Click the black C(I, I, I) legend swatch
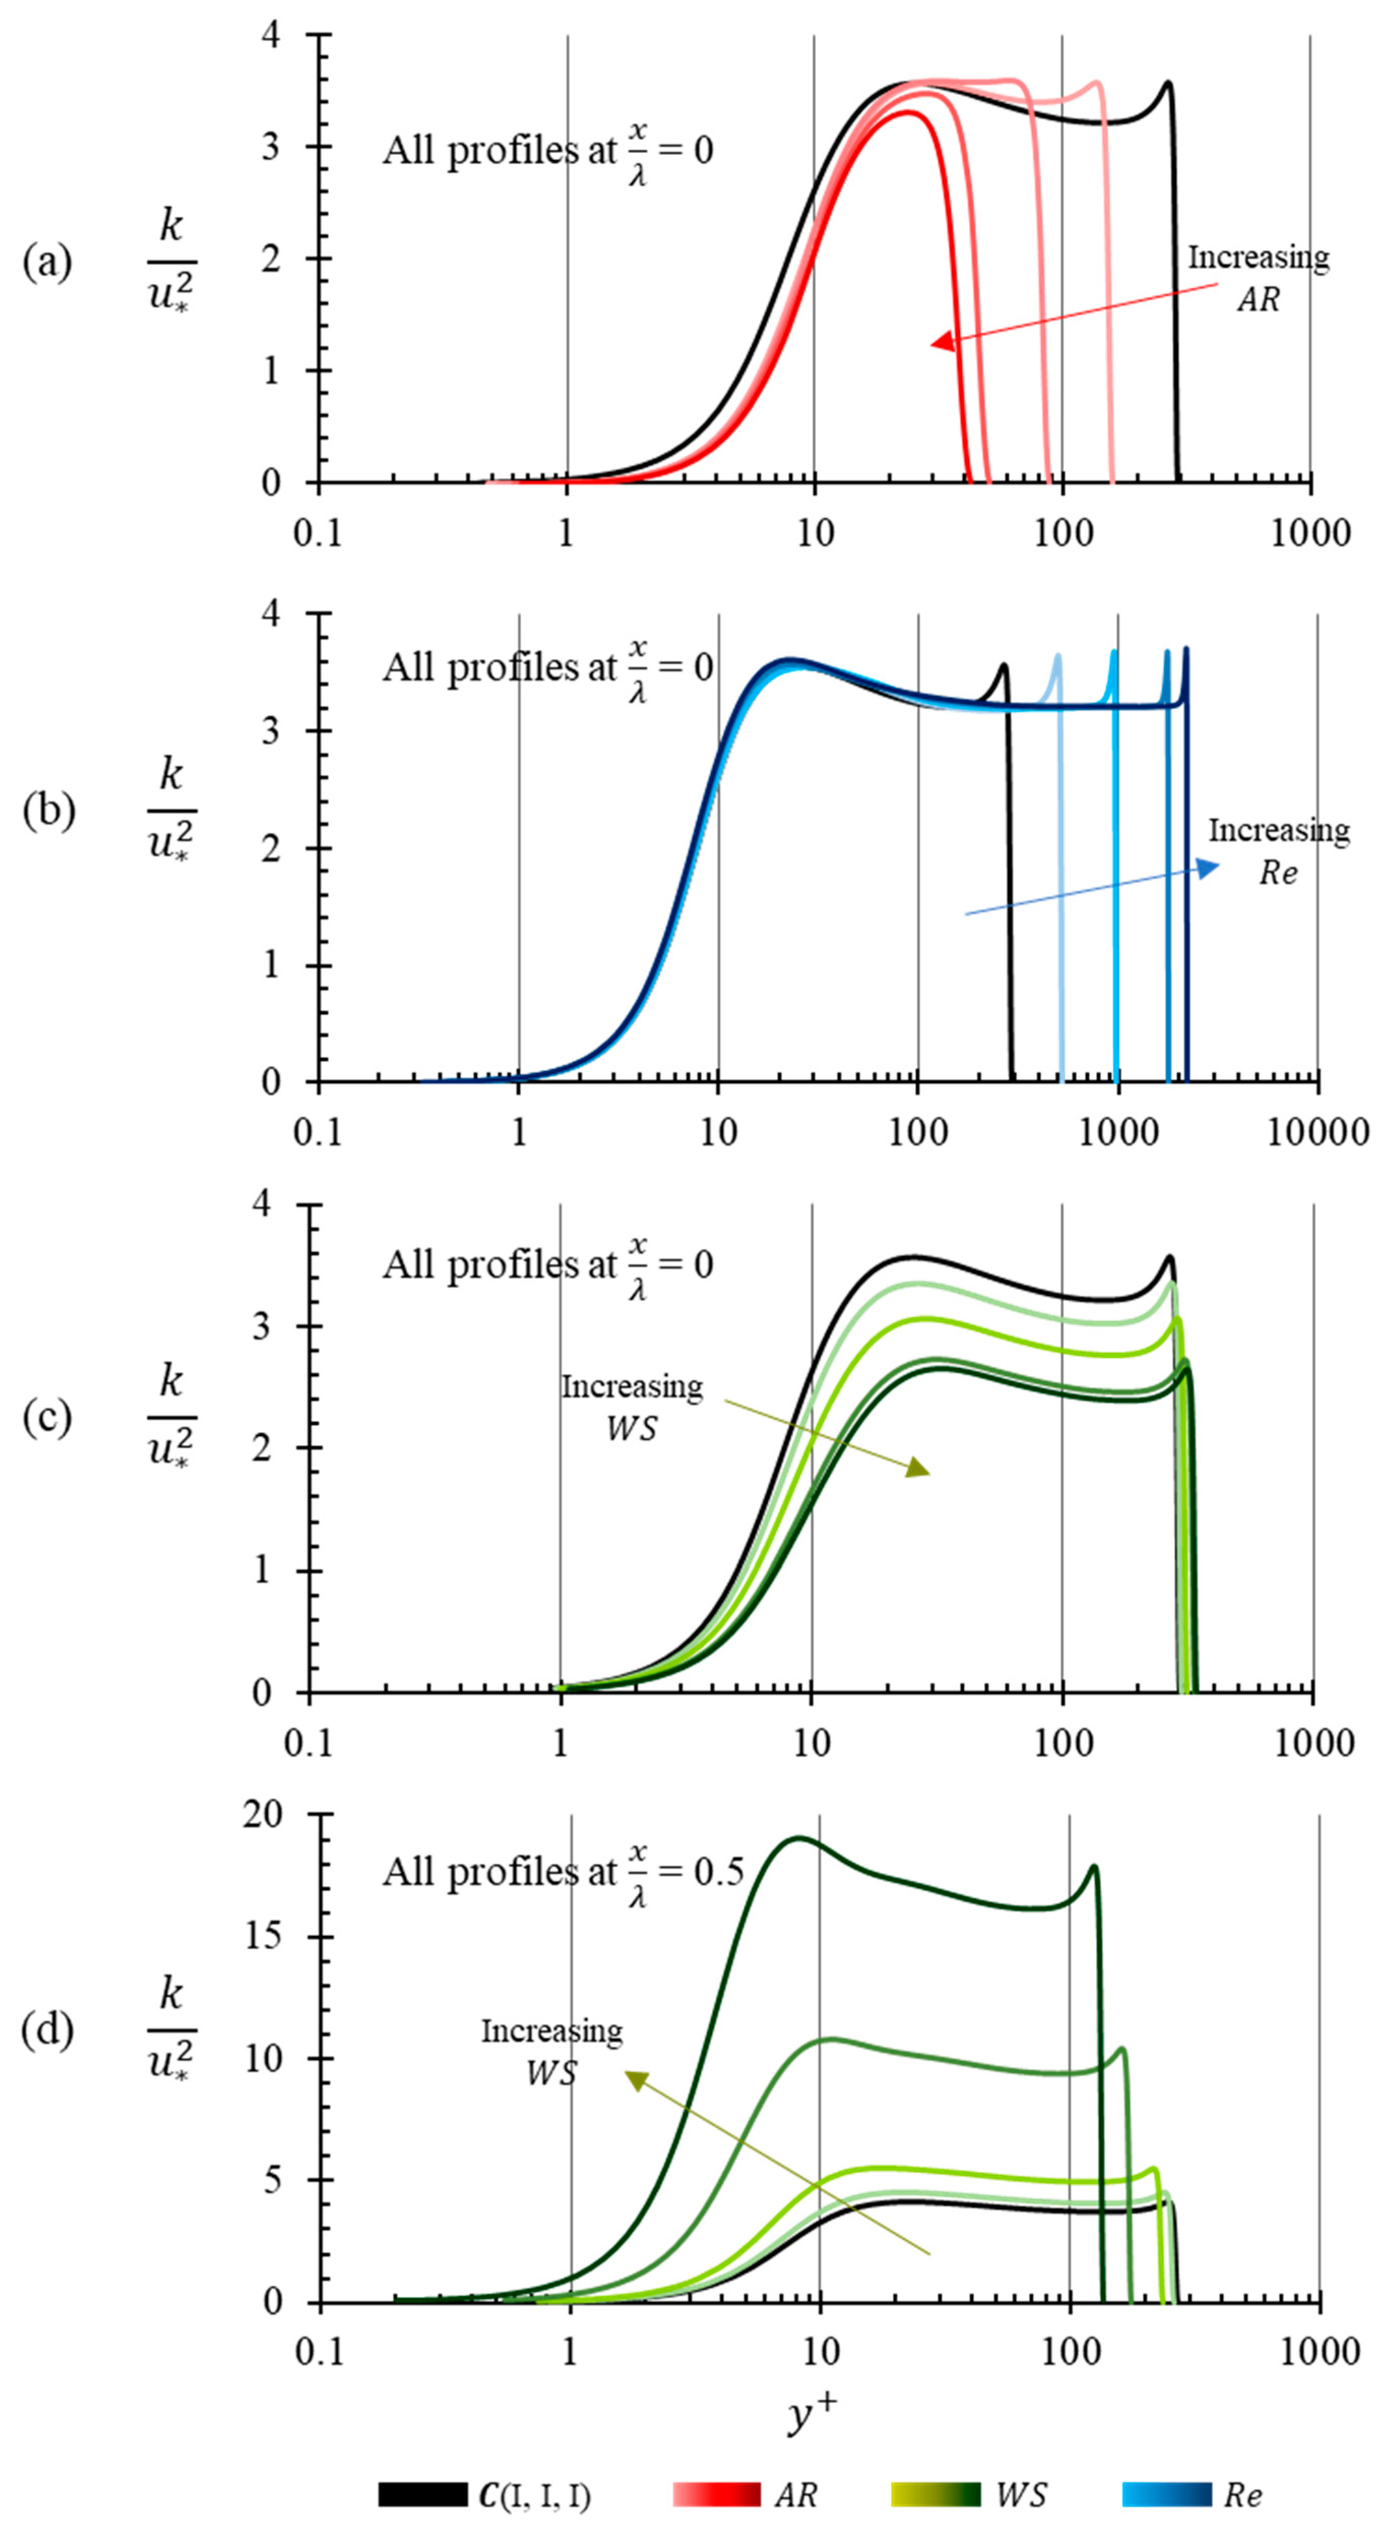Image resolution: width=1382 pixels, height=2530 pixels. click(423, 2493)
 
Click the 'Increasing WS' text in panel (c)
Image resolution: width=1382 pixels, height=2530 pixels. click(631, 1406)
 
